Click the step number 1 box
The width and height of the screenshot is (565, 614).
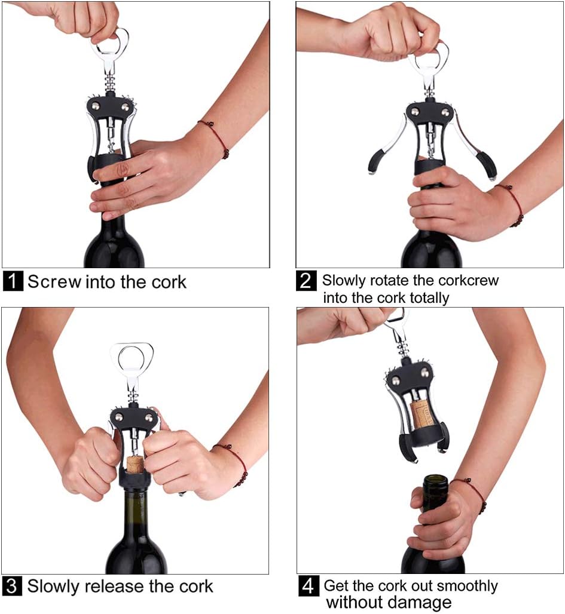tap(13, 281)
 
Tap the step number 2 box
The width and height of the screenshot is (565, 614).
tap(306, 281)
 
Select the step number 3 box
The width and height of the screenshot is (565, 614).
tap(13, 586)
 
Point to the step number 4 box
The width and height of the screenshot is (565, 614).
tap(307, 586)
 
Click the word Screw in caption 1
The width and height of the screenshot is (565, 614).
tap(54, 281)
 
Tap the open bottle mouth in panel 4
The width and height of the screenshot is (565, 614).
tap(436, 480)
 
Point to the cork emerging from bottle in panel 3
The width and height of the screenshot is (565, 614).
tap(135, 463)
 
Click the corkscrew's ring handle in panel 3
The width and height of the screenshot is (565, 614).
tap(132, 360)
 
